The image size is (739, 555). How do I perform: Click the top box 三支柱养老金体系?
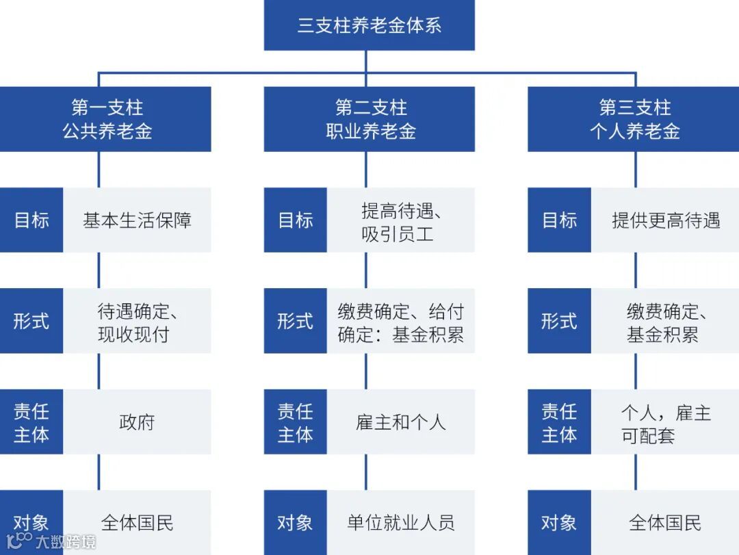click(369, 26)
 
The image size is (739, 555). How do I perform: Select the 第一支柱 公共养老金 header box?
click(106, 119)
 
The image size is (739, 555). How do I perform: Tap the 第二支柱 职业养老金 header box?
click(369, 119)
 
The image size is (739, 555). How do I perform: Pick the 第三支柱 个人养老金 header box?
click(634, 119)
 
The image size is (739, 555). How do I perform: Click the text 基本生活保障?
click(137, 220)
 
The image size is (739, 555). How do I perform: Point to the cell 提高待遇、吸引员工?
click(400, 221)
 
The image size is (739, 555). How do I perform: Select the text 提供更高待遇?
click(665, 220)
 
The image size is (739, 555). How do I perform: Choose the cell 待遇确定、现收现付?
click(137, 322)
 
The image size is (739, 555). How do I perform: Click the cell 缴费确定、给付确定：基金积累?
click(400, 322)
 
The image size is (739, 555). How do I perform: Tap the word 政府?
click(137, 422)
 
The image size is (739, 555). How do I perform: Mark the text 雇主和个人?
click(400, 422)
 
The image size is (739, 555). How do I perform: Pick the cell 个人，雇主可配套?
click(665, 423)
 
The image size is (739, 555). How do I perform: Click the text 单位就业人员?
click(400, 524)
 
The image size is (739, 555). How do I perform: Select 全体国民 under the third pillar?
click(665, 524)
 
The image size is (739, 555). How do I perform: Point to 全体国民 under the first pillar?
click(137, 524)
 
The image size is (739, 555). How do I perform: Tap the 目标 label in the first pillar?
click(31, 220)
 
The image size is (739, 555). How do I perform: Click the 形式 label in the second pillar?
click(295, 322)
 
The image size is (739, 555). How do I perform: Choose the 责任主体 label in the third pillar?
click(559, 423)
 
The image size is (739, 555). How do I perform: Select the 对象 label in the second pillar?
click(295, 524)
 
